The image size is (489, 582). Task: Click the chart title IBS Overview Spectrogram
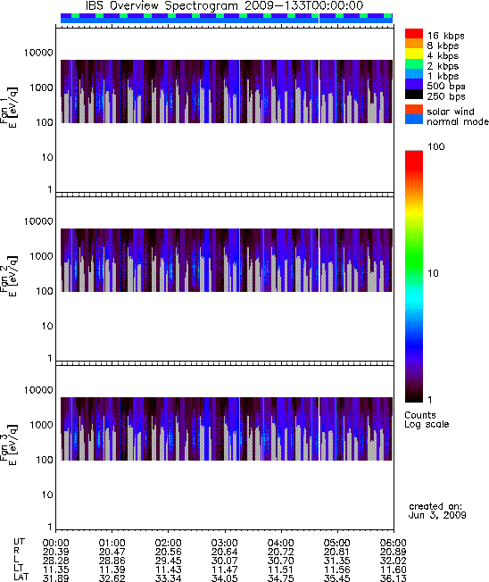pos(162,6)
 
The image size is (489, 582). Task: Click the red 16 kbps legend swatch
pos(414,34)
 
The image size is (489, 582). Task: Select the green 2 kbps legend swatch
pos(414,64)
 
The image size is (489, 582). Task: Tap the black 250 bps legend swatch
pos(414,95)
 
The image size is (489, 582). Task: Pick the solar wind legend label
pos(451,112)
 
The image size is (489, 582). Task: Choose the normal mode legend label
pos(458,121)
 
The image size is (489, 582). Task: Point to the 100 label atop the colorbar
pos(436,146)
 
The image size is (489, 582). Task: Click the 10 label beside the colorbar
pos(434,273)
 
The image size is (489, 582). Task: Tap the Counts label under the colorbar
pos(420,415)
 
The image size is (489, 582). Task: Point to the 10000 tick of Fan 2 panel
pos(38,221)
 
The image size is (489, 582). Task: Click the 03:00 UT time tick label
pos(224,543)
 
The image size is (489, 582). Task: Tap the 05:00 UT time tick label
pos(337,543)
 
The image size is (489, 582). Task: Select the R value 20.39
pos(55,552)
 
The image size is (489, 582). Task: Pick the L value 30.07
pos(224,561)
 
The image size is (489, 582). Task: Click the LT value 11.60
pos(394,570)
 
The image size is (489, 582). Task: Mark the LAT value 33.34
pos(168,578)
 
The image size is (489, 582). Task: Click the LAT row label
pos(21,578)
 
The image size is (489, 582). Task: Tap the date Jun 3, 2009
pos(437,515)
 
